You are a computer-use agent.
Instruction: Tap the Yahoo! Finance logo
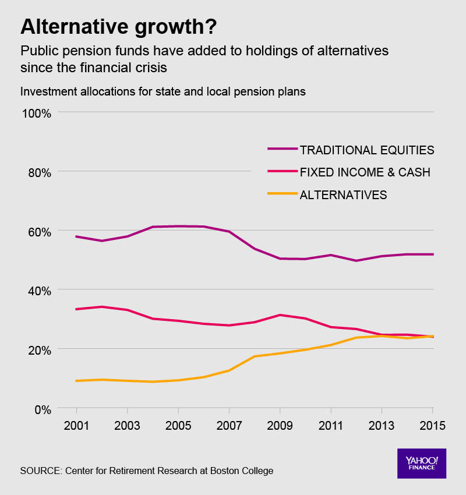coord(421,464)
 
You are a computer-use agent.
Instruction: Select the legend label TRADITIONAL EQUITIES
coord(367,150)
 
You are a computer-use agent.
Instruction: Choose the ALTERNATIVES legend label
coord(343,195)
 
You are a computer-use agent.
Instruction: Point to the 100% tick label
coord(37,112)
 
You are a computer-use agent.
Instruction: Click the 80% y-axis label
coord(40,172)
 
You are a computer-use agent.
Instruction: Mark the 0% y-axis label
coord(42,409)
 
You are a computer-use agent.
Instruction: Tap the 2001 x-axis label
coord(76,425)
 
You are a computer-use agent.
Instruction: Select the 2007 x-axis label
coord(229,425)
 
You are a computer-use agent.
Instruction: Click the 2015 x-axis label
coord(432,425)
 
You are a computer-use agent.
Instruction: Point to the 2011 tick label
coord(331,425)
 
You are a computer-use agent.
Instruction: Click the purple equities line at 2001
coord(76,236)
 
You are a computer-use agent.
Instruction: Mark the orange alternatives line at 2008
coord(255,356)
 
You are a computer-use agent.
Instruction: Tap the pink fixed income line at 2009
coord(280,315)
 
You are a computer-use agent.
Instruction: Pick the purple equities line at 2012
coord(356,260)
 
